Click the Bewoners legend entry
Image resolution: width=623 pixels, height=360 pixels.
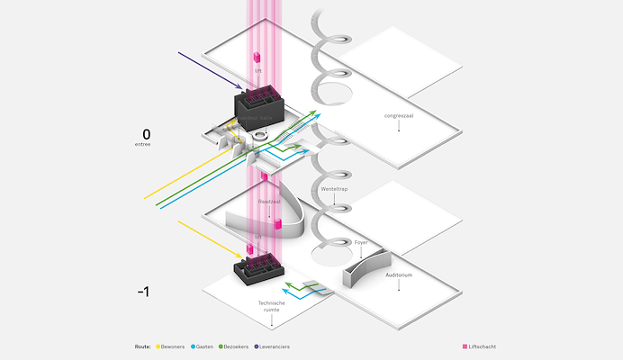point(172,346)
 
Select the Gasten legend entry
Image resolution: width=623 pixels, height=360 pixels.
point(204,346)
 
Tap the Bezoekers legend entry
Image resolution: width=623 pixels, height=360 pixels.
point(238,346)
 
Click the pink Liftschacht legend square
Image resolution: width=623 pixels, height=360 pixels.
point(465,346)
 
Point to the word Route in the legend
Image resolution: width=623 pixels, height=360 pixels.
point(142,346)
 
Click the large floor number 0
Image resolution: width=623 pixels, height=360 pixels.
point(146,134)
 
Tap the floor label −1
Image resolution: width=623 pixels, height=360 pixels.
point(143,292)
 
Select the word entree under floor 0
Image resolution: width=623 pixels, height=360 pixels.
point(144,144)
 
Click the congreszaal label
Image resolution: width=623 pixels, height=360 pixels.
point(396,116)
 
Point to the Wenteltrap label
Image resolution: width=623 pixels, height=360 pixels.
point(334,189)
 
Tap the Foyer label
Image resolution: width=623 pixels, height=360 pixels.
point(361,242)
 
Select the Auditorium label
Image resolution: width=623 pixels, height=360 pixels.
point(398,274)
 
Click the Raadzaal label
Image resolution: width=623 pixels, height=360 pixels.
point(269,202)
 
